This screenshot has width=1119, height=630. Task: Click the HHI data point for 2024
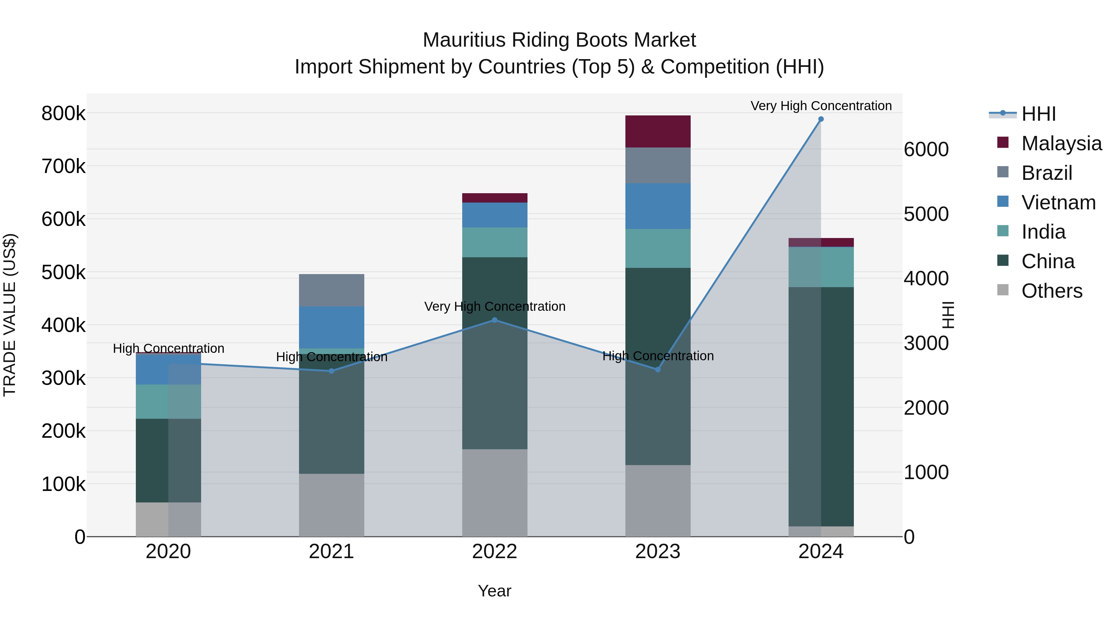click(x=821, y=119)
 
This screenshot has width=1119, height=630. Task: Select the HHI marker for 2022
click(x=494, y=320)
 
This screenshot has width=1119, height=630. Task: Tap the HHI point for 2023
click(x=658, y=370)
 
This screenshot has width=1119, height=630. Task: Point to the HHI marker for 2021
click(x=331, y=371)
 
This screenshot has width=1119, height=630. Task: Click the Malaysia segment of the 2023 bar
click(x=658, y=131)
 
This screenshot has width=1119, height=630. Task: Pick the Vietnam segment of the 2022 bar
click(x=494, y=215)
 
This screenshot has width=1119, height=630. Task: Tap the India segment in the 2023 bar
click(x=658, y=248)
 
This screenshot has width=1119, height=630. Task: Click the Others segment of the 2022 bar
click(x=494, y=492)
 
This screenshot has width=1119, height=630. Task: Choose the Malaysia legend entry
click(x=1061, y=143)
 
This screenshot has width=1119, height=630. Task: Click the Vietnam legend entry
click(x=1058, y=203)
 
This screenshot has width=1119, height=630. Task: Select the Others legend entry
click(x=1052, y=291)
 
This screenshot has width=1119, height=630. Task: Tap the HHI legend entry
click(x=1038, y=114)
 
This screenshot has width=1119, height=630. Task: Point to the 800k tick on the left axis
click(x=63, y=114)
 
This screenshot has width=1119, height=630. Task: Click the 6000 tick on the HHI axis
click(x=926, y=150)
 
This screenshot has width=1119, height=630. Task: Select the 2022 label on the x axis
click(x=494, y=552)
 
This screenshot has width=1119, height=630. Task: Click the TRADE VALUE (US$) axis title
click(x=10, y=315)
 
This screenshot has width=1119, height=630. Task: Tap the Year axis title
click(x=494, y=591)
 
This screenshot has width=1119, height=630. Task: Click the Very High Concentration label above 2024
click(x=821, y=106)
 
